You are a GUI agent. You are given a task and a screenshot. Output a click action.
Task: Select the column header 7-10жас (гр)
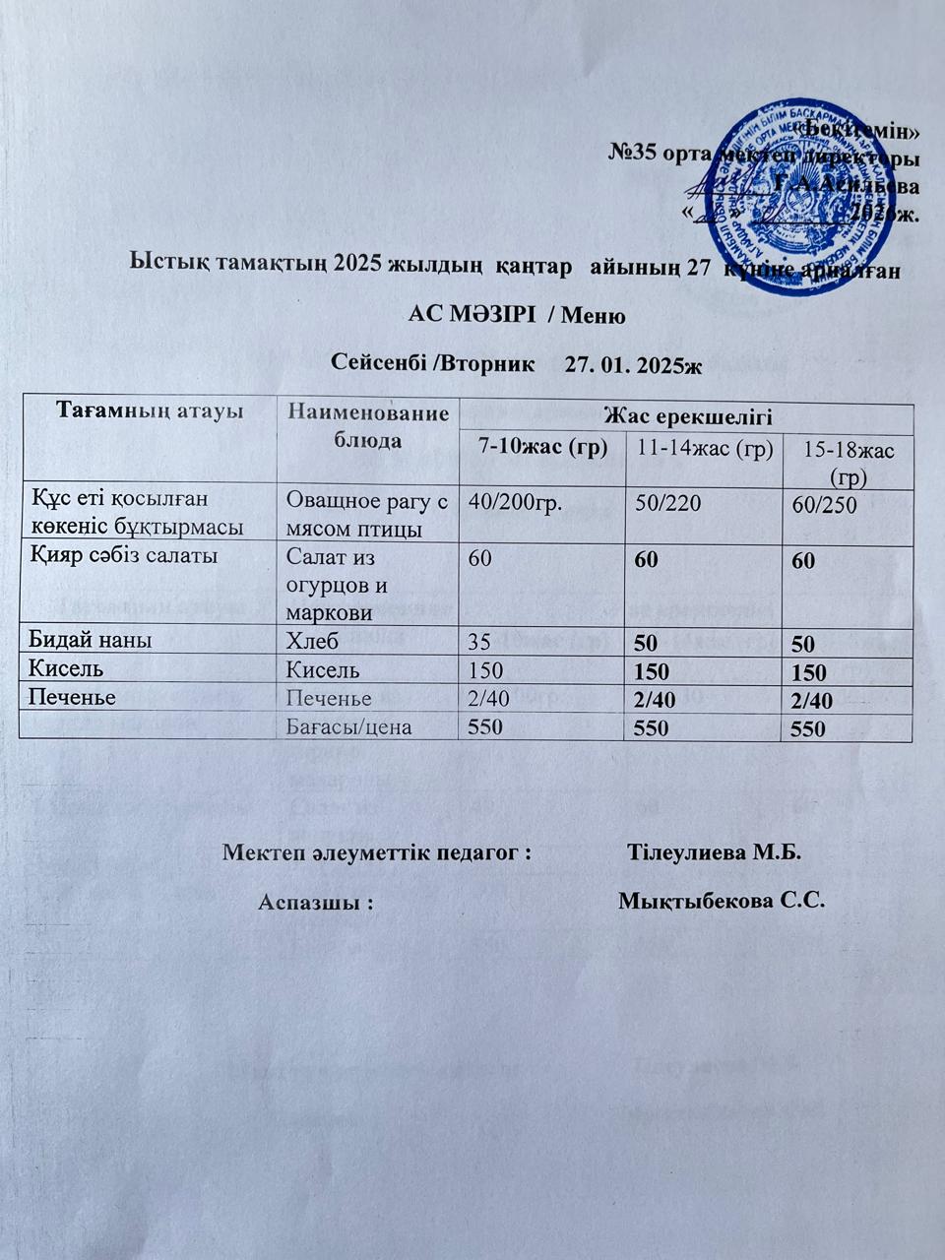point(541,448)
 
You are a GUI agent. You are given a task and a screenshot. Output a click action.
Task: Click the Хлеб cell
point(312,642)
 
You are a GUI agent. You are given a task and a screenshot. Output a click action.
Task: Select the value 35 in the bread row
point(479,642)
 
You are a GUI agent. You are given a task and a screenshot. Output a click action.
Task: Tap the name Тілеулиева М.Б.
point(715,850)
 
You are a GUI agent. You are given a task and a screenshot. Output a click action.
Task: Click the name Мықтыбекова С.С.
point(720,900)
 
